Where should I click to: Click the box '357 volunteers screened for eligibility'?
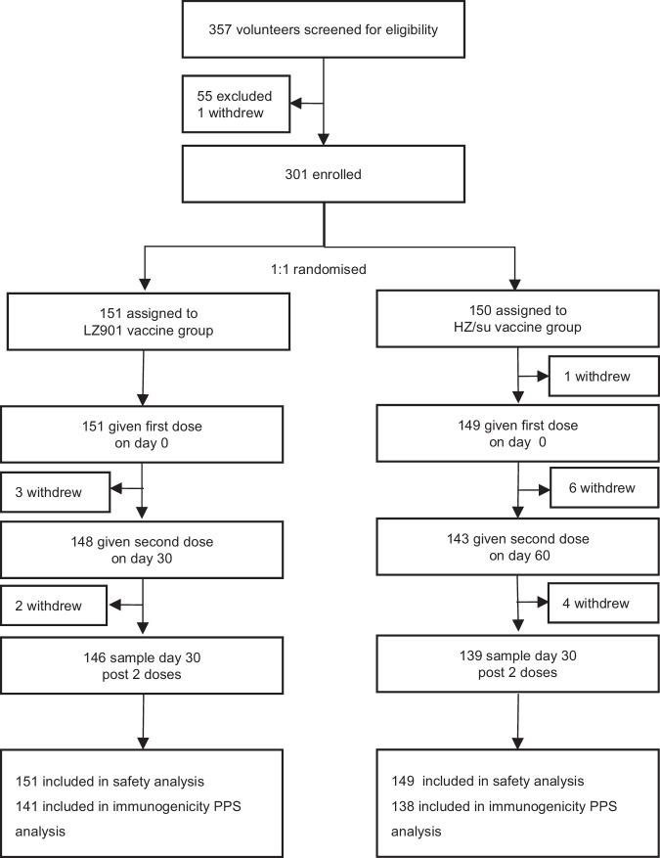click(324, 30)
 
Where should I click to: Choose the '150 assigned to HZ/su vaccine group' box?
click(516, 319)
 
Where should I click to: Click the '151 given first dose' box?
click(144, 434)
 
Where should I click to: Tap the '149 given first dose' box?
click(516, 434)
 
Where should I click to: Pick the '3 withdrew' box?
click(55, 491)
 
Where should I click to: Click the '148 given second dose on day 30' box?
click(144, 550)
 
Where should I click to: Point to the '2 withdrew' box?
click(55, 607)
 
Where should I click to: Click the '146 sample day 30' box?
click(144, 664)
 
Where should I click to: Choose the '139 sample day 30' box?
click(516, 664)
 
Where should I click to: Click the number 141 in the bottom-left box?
click(27, 806)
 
